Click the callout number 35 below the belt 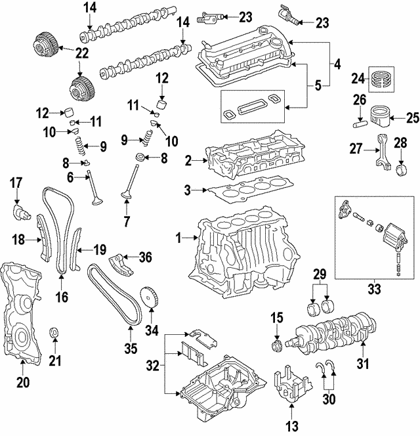click(x=129, y=347)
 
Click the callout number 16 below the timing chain click(x=61, y=296)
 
